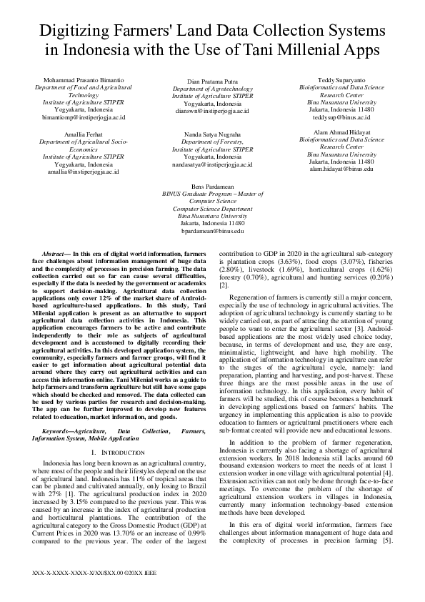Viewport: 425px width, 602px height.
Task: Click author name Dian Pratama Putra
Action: (212, 82)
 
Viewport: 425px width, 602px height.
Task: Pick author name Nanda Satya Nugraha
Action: (212, 134)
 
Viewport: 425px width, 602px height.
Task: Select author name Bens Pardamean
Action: (212, 185)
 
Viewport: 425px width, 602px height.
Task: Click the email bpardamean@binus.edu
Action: (212, 232)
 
